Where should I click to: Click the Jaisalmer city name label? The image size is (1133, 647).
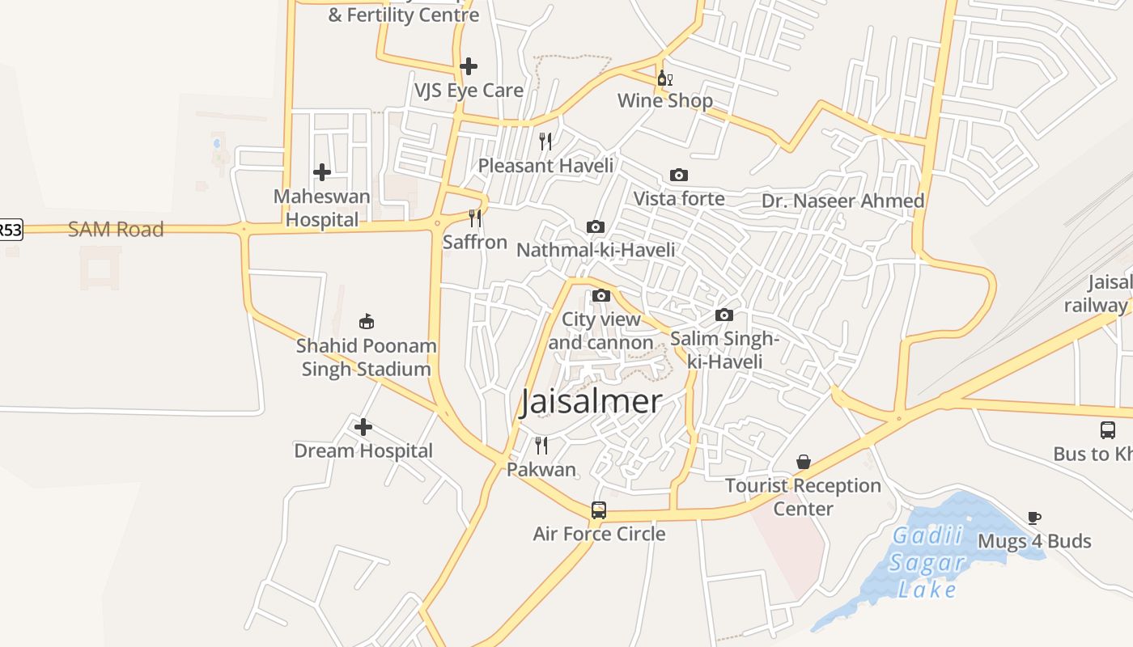[591, 401]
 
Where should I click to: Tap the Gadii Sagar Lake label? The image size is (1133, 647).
[927, 562]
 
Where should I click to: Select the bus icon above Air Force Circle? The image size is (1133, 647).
[599, 510]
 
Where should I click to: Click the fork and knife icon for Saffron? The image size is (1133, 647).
[475, 218]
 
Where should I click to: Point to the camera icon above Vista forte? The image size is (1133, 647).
[679, 175]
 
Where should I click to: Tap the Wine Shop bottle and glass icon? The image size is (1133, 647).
[664, 78]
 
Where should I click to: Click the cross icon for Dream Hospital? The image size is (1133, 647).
[363, 427]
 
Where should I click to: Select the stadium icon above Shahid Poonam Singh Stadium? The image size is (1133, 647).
[367, 322]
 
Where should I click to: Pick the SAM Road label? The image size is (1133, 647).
[116, 230]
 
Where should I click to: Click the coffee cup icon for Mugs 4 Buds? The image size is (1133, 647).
[1033, 518]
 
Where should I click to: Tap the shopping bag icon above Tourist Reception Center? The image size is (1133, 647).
[804, 462]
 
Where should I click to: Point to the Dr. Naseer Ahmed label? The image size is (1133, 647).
[842, 201]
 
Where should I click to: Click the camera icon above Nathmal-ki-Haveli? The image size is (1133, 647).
[596, 226]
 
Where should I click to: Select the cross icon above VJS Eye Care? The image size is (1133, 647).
[469, 66]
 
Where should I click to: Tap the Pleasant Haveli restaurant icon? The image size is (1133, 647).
[545, 142]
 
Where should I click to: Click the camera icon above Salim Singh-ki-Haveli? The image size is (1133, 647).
[724, 315]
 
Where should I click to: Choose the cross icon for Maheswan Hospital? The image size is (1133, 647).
[322, 172]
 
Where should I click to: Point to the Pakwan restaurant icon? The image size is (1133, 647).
[541, 445]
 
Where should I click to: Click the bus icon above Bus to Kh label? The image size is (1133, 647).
[1108, 430]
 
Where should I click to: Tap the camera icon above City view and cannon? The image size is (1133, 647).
[600, 296]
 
